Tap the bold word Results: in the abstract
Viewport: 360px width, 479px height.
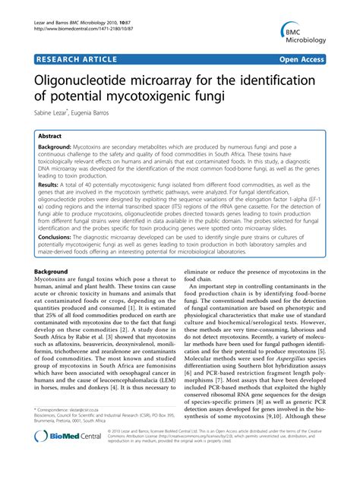click(x=48, y=184)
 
